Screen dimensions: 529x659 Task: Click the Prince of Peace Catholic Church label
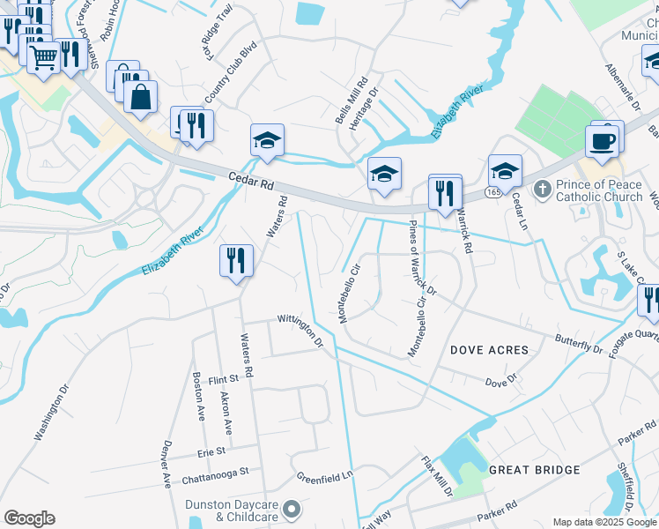[599, 191]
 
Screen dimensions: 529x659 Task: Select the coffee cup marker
[602, 142]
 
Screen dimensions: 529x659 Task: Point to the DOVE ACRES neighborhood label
[490, 350]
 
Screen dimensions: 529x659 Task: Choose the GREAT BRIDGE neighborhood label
[534, 470]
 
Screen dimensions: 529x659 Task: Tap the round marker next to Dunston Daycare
[295, 509]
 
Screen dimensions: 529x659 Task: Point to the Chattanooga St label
[216, 481]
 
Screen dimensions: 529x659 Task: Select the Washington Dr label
[51, 412]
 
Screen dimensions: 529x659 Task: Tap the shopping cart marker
[43, 58]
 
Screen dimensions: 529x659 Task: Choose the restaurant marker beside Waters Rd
[236, 260]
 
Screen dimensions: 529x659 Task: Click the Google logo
[29, 518]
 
